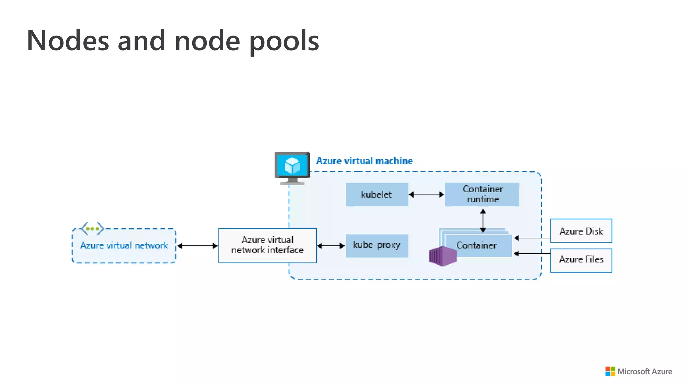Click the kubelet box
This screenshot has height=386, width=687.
pyautogui.click(x=377, y=194)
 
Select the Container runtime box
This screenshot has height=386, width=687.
pyautogui.click(x=482, y=194)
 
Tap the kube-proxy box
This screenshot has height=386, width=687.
pyautogui.click(x=377, y=245)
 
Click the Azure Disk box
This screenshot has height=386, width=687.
pyautogui.click(x=581, y=231)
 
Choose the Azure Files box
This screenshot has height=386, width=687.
pyautogui.click(x=581, y=260)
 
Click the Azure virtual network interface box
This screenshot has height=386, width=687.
pyautogui.click(x=267, y=246)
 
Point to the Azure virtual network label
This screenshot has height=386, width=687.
pyautogui.click(x=124, y=245)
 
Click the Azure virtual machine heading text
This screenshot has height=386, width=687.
pyautogui.click(x=364, y=161)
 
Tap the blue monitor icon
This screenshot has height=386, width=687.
pyautogui.click(x=292, y=169)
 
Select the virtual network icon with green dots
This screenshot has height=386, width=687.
pyautogui.click(x=92, y=229)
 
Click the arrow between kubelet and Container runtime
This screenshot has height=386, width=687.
pyautogui.click(x=426, y=194)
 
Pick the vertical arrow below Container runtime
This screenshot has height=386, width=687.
pyautogui.click(x=483, y=221)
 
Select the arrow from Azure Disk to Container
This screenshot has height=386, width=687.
pyautogui.click(x=532, y=238)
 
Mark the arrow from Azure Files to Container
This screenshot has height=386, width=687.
pyautogui.click(x=532, y=254)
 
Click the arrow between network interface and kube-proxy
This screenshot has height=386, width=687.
pyautogui.click(x=331, y=246)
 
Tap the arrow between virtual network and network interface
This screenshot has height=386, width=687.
pyautogui.click(x=198, y=246)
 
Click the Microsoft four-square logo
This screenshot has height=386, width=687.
pyautogui.click(x=610, y=371)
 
